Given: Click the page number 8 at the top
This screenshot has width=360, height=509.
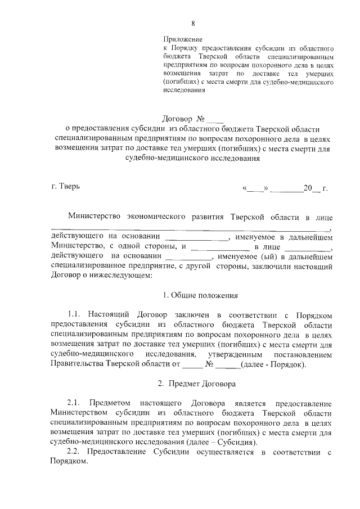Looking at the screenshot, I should pos(193,23).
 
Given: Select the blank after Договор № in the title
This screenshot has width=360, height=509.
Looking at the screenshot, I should pos(215,119).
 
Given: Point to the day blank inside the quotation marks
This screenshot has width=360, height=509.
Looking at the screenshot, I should pos(255,188).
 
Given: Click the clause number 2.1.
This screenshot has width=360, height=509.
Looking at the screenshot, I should pos(74,404).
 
